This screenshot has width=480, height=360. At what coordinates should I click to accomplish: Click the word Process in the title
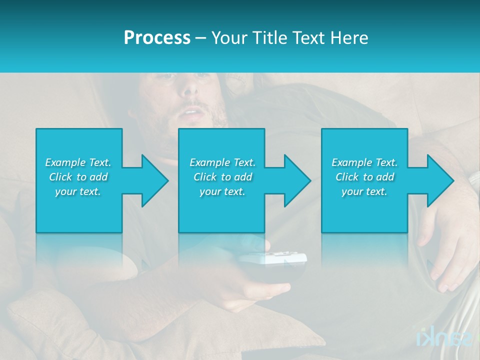coord(157,38)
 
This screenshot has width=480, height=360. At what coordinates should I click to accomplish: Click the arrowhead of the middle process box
coord(296,180)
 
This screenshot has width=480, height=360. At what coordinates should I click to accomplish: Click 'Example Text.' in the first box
coord(78,162)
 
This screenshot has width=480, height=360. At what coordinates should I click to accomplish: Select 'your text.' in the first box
coord(78,191)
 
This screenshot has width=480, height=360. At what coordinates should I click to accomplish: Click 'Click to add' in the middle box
coord(222,177)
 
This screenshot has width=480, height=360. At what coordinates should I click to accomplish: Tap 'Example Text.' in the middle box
coord(222,162)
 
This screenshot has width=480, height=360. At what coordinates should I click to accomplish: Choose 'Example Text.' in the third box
coord(364,162)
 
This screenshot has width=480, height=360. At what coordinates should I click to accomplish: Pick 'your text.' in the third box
coord(364,191)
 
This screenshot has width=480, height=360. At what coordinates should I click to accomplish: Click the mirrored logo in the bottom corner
coord(444,338)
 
